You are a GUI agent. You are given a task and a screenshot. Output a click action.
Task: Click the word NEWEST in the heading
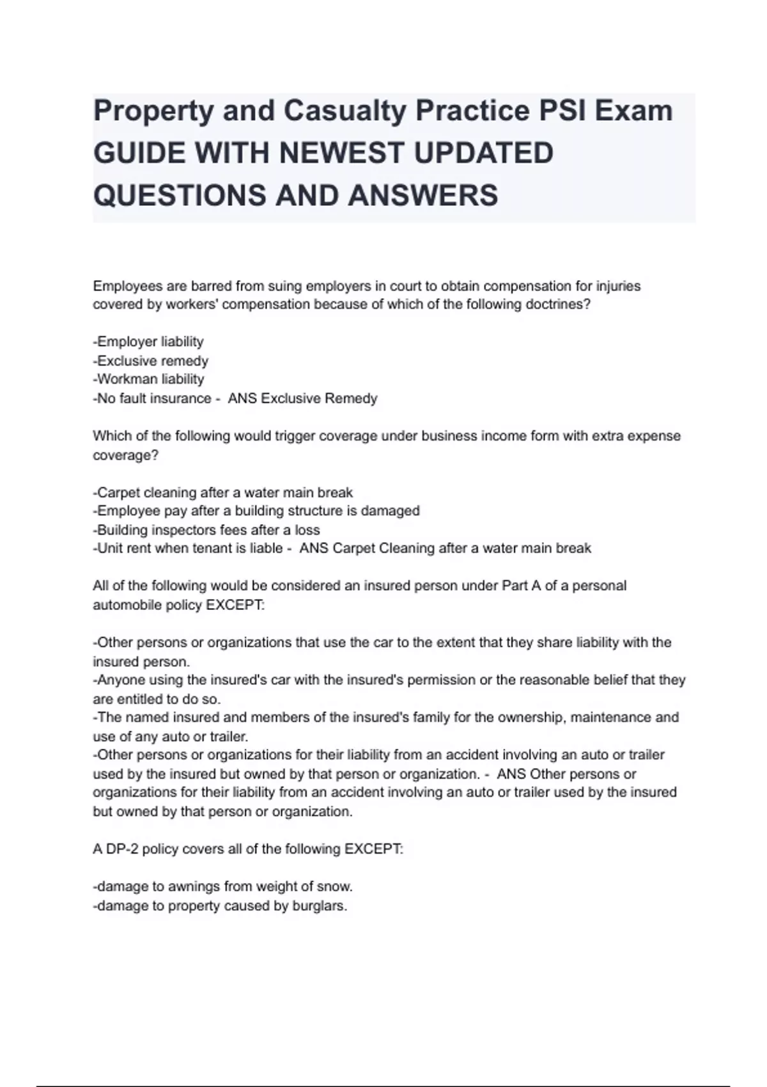click(362, 153)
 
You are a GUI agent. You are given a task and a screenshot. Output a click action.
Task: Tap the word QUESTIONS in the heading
click(180, 195)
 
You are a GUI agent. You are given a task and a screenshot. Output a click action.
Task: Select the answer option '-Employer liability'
click(148, 341)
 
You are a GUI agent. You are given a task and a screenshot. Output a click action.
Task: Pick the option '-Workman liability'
click(148, 379)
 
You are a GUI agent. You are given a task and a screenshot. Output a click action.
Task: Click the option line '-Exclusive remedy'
click(151, 361)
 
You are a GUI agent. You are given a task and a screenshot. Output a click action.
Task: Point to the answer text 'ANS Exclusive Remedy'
click(302, 398)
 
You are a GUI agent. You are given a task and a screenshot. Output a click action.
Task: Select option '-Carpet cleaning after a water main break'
click(223, 492)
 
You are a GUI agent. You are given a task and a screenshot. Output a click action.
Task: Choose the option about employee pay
click(256, 511)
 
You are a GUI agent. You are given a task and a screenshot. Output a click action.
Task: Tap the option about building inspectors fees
click(206, 530)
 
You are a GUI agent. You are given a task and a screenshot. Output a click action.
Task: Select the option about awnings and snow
click(223, 887)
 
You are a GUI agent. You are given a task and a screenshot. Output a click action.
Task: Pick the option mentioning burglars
click(220, 906)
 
